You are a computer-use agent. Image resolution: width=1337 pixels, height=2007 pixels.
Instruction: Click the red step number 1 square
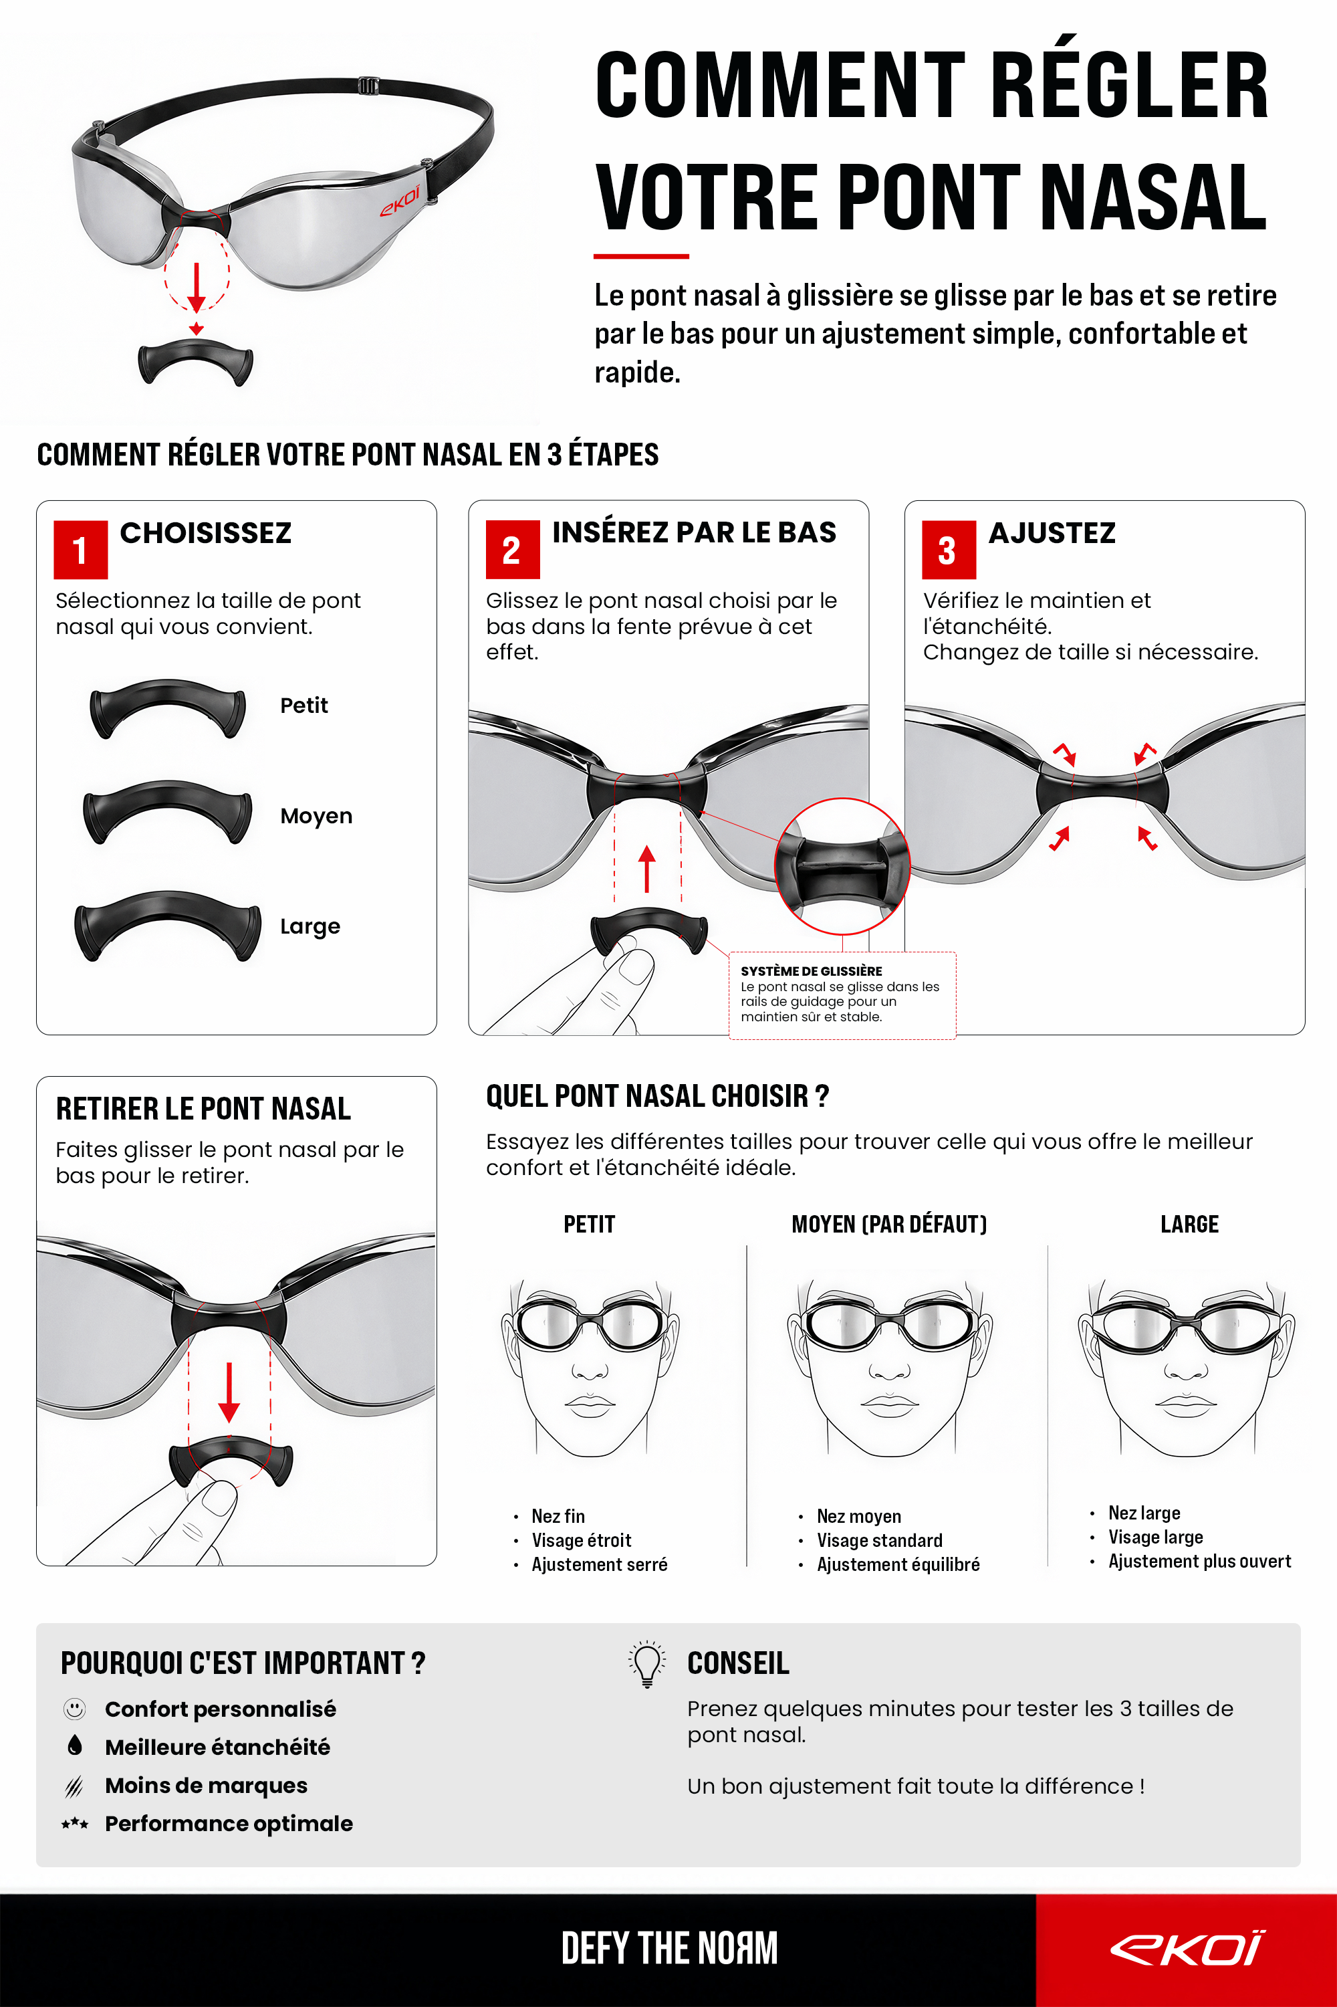(x=80, y=549)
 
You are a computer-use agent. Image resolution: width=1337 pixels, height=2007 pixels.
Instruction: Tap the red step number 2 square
(x=513, y=549)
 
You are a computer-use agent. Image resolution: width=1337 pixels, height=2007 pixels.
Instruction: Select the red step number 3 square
(x=948, y=549)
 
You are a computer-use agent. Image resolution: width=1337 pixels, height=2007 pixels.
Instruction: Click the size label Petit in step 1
(x=303, y=706)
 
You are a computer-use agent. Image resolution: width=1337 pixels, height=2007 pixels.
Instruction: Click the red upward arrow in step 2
(x=647, y=868)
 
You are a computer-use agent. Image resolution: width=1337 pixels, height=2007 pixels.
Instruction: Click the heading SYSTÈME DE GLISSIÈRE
(x=811, y=970)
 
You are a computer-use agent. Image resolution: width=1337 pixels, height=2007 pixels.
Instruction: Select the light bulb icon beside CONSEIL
(x=647, y=1664)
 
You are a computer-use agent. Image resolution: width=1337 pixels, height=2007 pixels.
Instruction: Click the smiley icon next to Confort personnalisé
(x=75, y=1709)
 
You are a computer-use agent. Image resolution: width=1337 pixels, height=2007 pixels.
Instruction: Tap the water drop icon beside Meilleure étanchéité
(x=75, y=1745)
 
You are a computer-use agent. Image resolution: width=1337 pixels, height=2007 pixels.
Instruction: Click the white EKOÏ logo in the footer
(x=1187, y=1949)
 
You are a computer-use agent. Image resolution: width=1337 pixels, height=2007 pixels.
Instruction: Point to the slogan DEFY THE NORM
(x=669, y=1949)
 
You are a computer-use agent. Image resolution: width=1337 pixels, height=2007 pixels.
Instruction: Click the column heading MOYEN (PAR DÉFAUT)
(x=888, y=1225)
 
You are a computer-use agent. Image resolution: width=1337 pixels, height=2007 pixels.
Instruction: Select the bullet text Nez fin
(x=558, y=1515)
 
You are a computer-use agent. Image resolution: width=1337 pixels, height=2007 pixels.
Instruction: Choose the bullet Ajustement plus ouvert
(x=1199, y=1561)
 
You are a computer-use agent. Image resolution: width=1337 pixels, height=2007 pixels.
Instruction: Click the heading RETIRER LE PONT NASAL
(x=203, y=1109)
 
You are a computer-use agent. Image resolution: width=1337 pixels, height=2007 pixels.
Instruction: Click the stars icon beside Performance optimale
(x=75, y=1824)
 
